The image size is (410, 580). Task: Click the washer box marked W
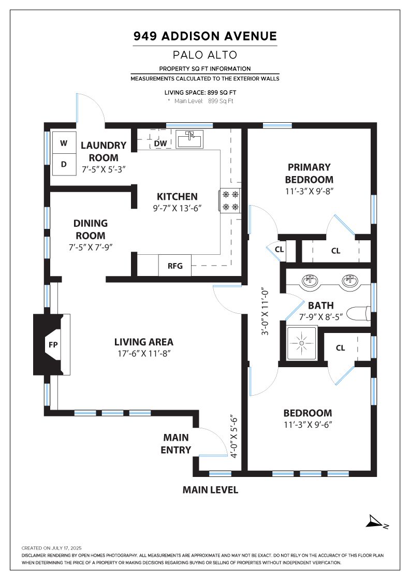coord(64,143)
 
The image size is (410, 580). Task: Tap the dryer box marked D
coord(64,164)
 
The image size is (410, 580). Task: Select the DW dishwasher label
coord(160,143)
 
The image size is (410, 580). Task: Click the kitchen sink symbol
coord(189,139)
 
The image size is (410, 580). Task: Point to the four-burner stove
coord(230,200)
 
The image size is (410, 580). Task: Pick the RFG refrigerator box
coord(175,265)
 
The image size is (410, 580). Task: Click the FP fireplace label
coord(53,345)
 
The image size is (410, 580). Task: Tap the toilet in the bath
coord(360,313)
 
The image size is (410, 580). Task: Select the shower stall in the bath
coord(302,343)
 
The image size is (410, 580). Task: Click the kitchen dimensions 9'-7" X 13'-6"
coord(177,208)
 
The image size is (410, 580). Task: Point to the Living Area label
coord(144,342)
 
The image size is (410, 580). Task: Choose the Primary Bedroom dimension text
coord(310,191)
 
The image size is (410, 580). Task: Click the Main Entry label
coord(176,443)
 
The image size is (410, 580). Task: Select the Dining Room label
coord(91,229)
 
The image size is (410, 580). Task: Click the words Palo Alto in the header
coord(205,55)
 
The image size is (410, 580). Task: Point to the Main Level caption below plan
coord(210,490)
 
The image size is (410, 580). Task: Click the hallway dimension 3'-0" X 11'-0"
coord(265,312)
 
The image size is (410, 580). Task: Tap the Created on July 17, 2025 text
coord(51,548)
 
